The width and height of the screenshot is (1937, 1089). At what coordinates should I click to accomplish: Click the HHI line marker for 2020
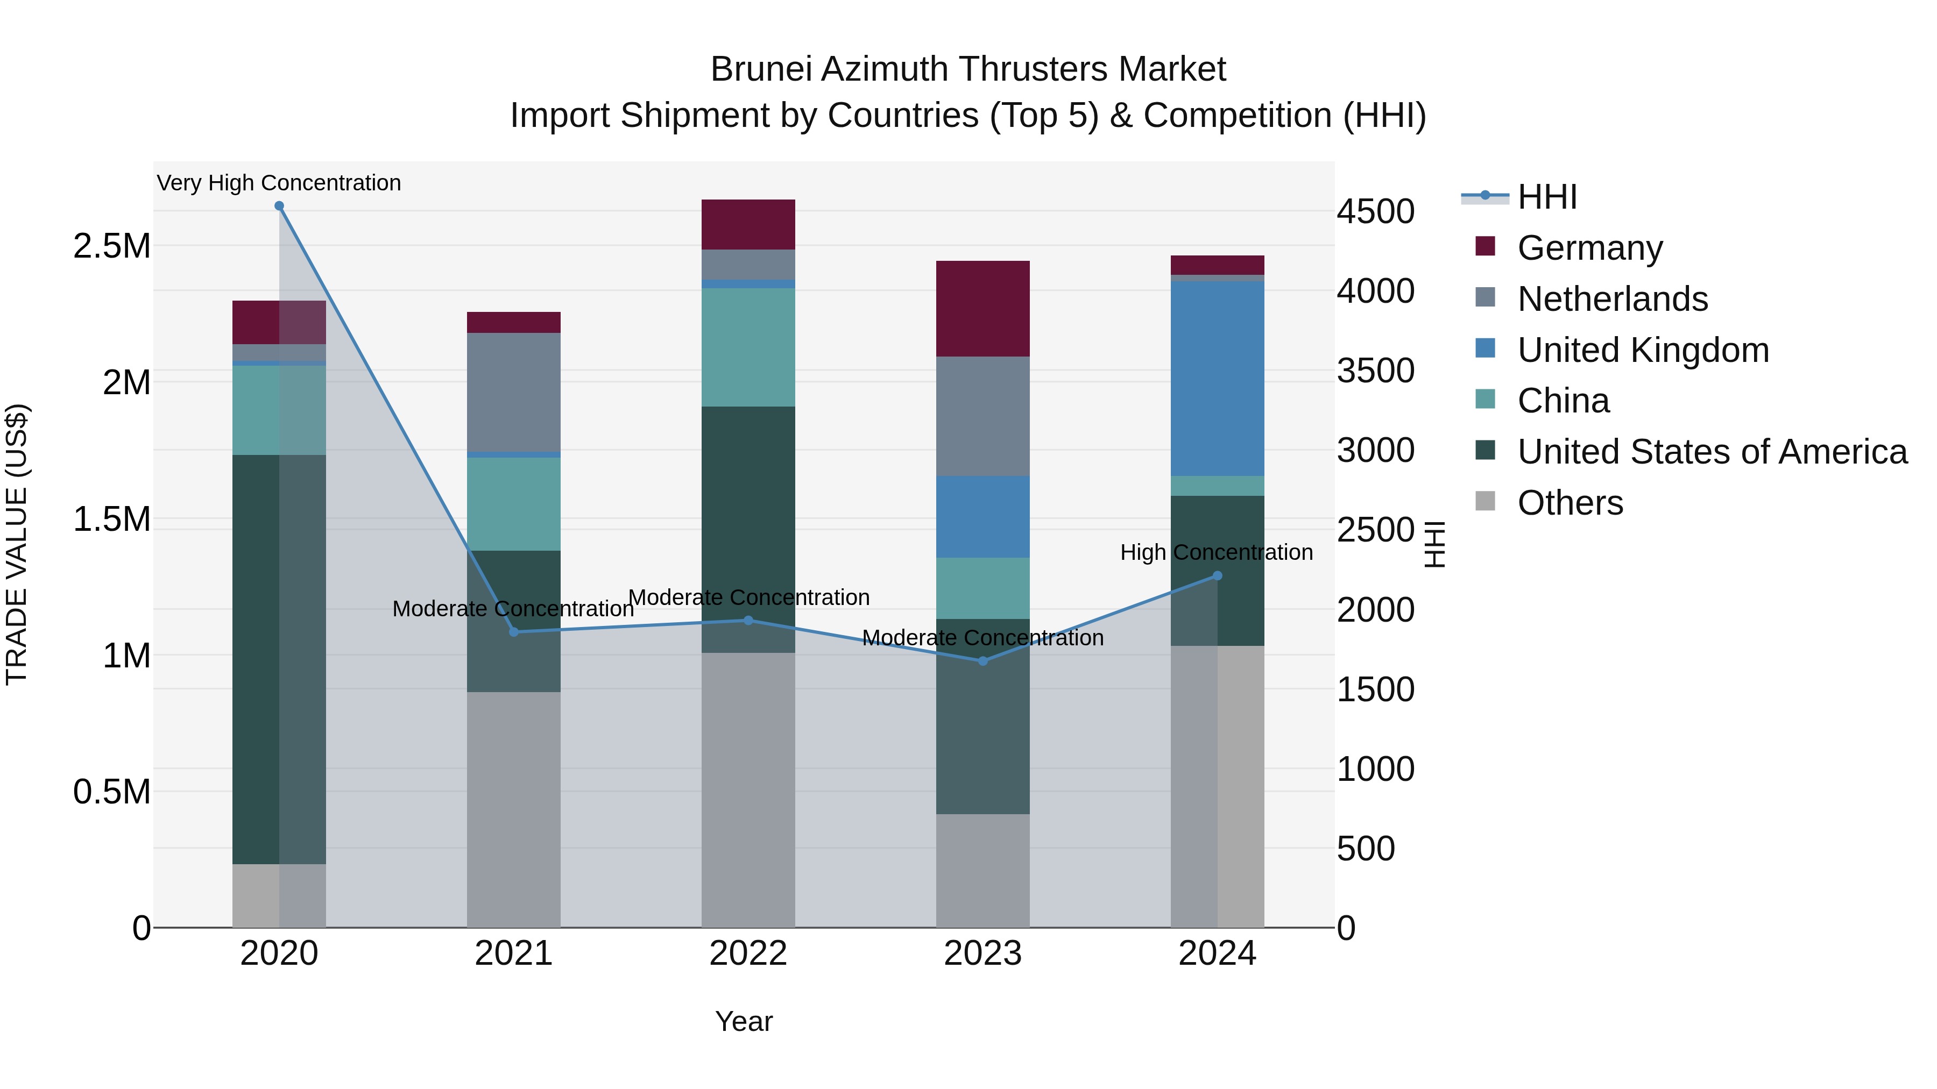[279, 206]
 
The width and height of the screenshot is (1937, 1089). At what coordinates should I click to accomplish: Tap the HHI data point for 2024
[1218, 575]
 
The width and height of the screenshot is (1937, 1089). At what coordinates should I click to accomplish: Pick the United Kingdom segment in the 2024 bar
[1218, 379]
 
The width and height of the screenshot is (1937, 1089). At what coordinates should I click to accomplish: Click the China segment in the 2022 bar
[748, 347]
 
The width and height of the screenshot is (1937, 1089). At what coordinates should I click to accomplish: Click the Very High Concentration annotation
[279, 183]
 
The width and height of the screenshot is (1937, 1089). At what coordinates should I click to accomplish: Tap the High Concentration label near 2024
[1216, 552]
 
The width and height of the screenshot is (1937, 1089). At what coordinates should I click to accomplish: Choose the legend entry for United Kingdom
[1643, 350]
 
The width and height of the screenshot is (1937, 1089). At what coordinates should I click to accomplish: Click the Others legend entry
[1570, 503]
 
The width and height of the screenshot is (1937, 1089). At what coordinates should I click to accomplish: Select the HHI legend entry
[1547, 197]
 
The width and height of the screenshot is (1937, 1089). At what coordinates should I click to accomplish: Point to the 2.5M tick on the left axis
[111, 246]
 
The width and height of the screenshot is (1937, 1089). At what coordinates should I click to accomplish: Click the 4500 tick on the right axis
[1375, 212]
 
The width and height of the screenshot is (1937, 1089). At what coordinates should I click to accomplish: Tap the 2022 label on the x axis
[748, 953]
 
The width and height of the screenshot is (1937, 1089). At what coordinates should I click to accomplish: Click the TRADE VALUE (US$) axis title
[17, 544]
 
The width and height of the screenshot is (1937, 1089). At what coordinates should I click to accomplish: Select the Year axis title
[744, 1021]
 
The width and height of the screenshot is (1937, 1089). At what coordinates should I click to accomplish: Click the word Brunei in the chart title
[761, 69]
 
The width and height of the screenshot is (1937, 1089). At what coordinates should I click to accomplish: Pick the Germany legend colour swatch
[1485, 246]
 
